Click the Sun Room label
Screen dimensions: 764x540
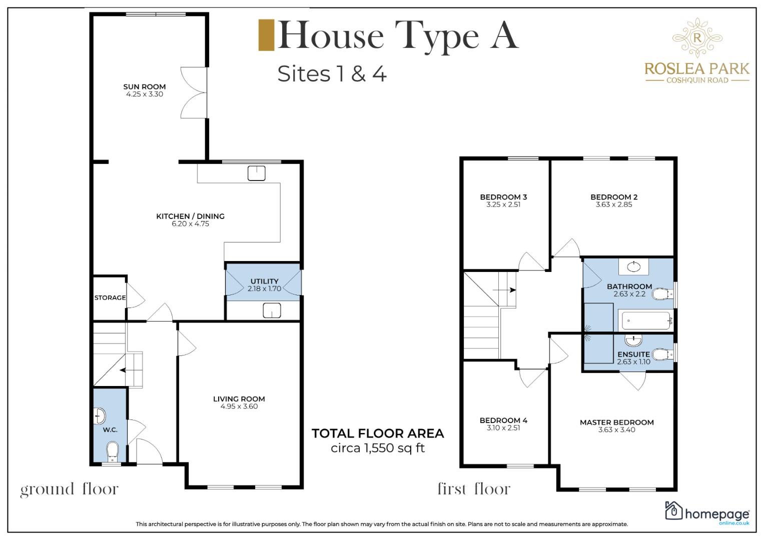[144, 87]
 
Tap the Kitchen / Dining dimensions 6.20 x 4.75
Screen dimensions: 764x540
[190, 224]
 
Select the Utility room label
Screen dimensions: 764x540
[264, 281]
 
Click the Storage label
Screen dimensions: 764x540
[110, 297]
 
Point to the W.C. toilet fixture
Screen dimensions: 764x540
[112, 451]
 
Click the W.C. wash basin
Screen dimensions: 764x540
[100, 416]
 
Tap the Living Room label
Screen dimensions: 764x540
[239, 399]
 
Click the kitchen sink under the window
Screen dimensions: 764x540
[257, 173]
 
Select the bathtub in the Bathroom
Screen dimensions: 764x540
[646, 320]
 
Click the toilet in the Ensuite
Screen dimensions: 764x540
[663, 354]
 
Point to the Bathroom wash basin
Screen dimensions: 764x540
[634, 266]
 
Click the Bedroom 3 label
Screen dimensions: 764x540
[503, 197]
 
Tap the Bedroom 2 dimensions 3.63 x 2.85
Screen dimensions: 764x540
[614, 204]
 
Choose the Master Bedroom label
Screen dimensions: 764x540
[617, 422]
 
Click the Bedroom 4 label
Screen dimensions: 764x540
[503, 420]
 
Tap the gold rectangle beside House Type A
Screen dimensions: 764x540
[266, 35]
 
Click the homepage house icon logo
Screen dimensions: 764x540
[673, 510]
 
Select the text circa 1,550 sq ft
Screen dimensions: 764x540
[378, 448]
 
